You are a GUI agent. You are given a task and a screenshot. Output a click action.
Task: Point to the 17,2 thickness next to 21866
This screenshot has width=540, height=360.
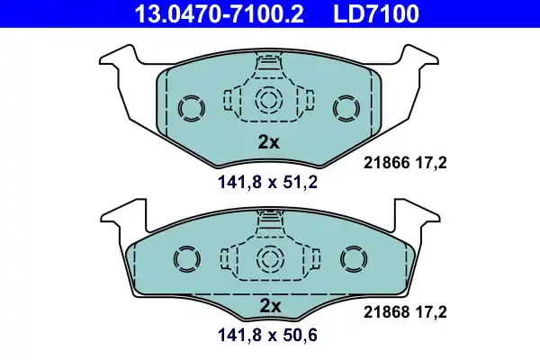click(431, 163)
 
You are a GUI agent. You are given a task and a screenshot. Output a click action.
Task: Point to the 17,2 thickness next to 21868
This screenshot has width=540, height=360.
click(431, 312)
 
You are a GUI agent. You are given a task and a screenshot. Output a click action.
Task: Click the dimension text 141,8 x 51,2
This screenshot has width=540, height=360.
click(268, 184)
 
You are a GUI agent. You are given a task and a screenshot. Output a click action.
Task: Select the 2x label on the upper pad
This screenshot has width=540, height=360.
click(269, 141)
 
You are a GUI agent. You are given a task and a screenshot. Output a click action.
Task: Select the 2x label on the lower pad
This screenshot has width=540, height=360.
click(269, 306)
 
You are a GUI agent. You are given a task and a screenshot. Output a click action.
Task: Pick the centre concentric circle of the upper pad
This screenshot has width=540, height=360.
click(268, 101)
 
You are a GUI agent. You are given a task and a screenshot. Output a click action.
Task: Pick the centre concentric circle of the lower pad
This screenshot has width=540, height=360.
click(268, 260)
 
